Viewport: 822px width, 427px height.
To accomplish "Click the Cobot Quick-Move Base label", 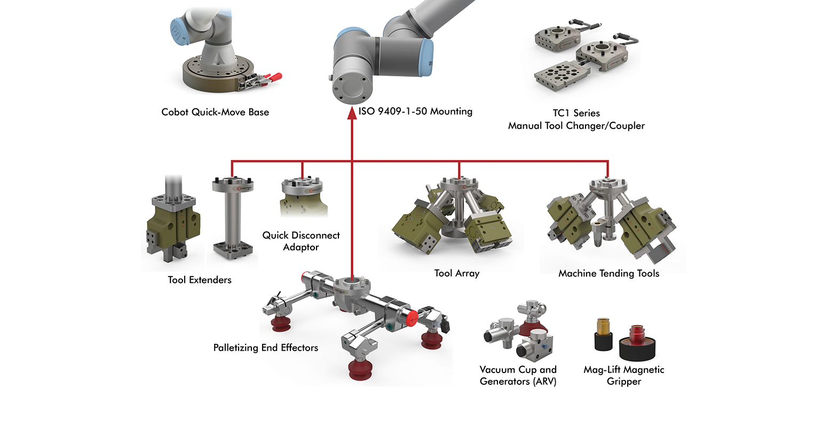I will coord(215,112).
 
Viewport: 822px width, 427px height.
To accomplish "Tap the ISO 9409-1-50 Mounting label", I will coord(415,112).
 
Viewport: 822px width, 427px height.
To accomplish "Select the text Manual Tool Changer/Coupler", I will coord(576,126).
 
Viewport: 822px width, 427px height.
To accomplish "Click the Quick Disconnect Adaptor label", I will coord(301,241).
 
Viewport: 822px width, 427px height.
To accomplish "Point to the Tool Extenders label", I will coord(200,280).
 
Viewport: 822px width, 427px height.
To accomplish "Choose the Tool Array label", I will coord(457,273).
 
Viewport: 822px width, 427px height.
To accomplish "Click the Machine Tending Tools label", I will coord(608,273).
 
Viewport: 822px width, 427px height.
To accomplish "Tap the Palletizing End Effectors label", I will coord(266,347).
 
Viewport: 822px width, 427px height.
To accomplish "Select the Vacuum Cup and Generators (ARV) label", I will coord(518,375).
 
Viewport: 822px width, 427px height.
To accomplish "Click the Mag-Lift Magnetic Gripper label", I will coord(623,375).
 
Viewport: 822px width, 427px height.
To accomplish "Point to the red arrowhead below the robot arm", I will coord(351,113).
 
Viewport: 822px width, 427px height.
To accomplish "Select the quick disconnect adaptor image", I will coord(302,197).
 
